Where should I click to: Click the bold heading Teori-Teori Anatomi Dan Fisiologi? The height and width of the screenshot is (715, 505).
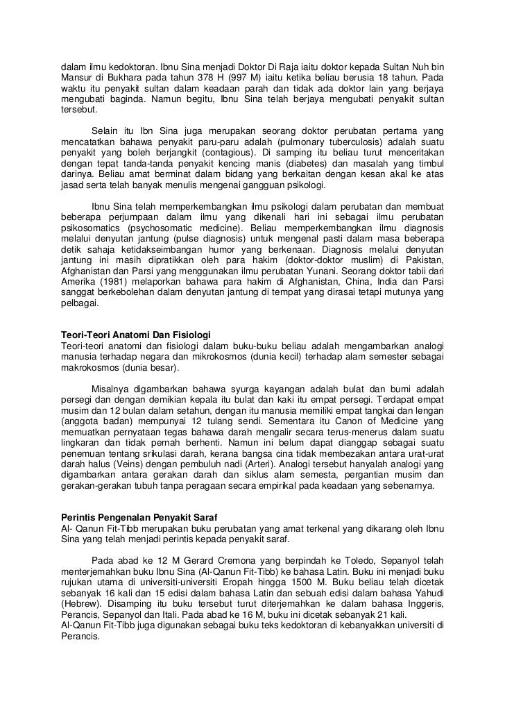click(135, 335)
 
